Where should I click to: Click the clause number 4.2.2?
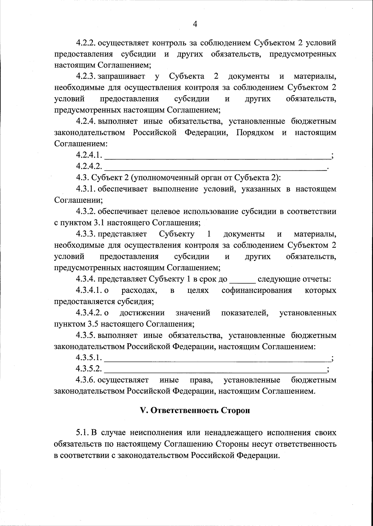86,43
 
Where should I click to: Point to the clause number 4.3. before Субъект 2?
82,178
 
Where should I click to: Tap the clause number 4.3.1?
86,189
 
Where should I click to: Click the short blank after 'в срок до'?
242,279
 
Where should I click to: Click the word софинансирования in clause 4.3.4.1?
257,290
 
